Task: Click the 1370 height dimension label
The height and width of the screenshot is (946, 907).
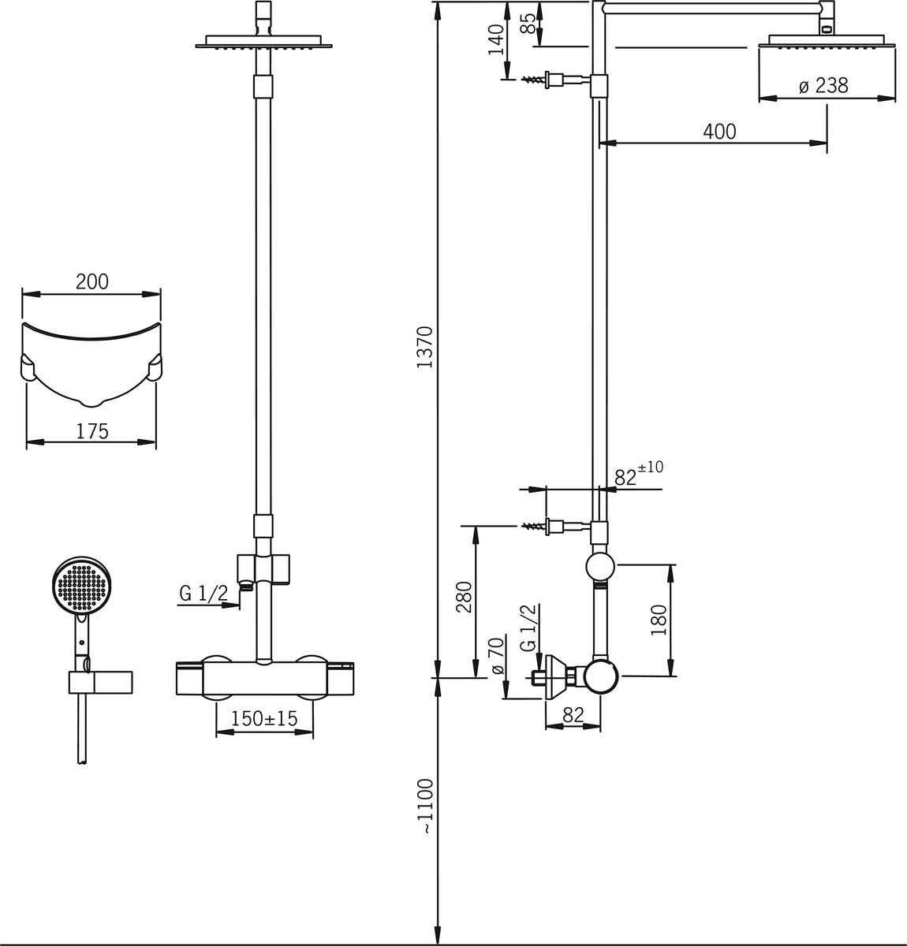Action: click(425, 347)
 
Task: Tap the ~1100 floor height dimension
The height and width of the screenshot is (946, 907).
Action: click(425, 806)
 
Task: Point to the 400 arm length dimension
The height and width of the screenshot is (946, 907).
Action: click(719, 132)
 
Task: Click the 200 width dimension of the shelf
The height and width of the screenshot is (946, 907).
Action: click(91, 281)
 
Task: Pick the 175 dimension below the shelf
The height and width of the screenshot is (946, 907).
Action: click(91, 431)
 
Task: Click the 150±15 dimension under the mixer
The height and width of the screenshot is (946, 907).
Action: click(264, 719)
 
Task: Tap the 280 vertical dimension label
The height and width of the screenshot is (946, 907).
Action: click(464, 596)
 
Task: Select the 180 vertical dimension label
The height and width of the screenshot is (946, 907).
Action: click(659, 620)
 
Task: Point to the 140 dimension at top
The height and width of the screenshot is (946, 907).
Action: click(495, 39)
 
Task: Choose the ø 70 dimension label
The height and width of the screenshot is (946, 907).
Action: click(496, 655)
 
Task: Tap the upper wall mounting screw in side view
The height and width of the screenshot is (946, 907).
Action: click(537, 79)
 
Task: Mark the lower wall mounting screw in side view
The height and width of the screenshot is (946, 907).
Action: click(537, 526)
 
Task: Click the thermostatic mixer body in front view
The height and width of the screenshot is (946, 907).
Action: click(264, 679)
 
